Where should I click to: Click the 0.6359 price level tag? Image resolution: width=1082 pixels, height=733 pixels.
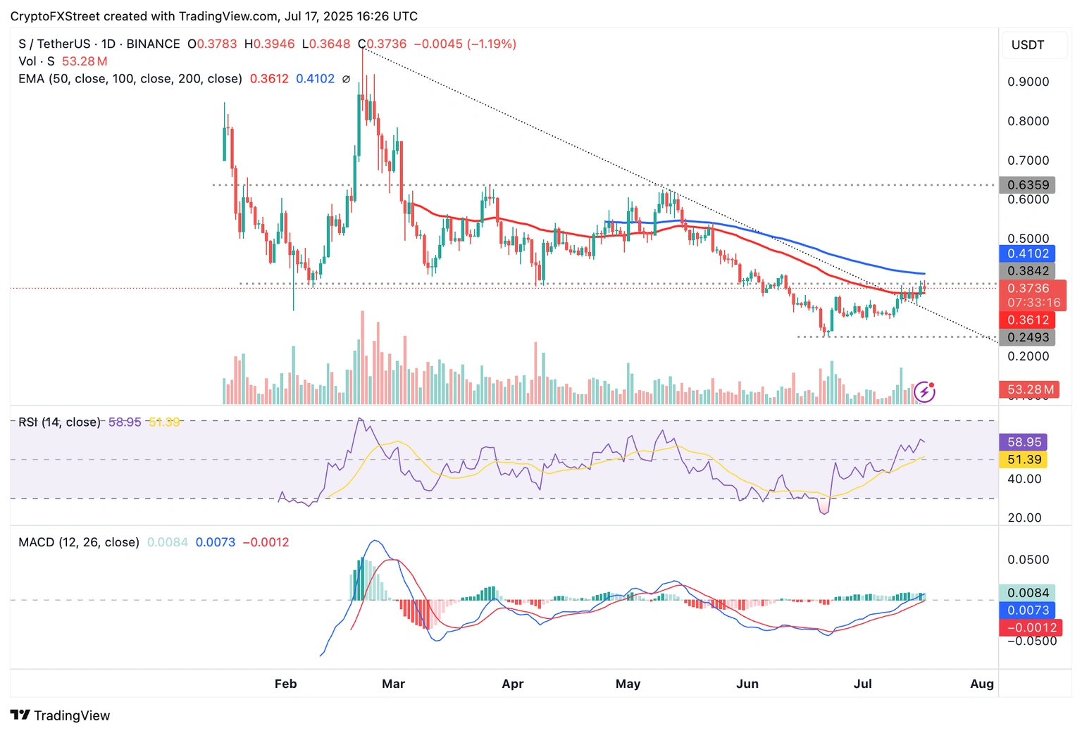click(1027, 185)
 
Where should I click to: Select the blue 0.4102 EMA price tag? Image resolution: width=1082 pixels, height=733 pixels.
click(1027, 253)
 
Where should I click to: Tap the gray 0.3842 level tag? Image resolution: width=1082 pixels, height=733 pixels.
click(1027, 271)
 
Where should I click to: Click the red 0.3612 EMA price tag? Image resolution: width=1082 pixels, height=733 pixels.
click(1027, 320)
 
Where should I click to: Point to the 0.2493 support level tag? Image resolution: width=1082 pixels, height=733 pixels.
click(1027, 337)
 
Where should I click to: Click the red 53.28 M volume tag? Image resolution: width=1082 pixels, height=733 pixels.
click(1030, 389)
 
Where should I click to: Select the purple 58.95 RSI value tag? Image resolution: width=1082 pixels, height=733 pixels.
click(1024, 442)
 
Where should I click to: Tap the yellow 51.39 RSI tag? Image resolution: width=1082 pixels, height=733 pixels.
click(1024, 460)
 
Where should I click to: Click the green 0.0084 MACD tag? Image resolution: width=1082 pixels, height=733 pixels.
click(1027, 593)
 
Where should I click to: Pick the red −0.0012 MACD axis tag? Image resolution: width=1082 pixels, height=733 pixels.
click(1028, 627)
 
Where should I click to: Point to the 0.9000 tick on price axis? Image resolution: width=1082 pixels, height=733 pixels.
click(1028, 82)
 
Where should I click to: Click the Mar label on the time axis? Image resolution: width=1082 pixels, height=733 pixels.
click(393, 684)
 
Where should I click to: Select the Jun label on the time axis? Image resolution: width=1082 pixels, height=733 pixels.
click(747, 684)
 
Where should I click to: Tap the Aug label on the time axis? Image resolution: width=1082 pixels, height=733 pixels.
click(982, 684)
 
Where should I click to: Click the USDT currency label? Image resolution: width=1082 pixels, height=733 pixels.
click(1028, 45)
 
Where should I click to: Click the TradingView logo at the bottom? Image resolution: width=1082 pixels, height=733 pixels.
click(61, 715)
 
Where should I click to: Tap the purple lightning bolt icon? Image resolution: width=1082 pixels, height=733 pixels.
click(924, 391)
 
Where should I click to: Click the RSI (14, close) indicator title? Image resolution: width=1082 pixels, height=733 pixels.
click(60, 422)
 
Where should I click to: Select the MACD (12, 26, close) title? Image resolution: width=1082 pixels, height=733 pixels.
click(79, 542)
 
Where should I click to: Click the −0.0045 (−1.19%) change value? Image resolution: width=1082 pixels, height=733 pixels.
click(465, 44)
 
